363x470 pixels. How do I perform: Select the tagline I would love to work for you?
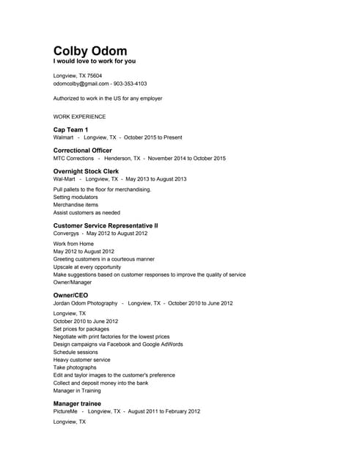(95, 61)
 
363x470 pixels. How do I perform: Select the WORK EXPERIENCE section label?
(79, 116)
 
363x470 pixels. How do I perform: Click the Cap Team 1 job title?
(71, 129)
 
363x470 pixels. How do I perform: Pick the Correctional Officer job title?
(83, 150)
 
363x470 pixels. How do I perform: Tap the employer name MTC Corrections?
(73, 158)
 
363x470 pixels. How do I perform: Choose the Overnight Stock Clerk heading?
(86, 171)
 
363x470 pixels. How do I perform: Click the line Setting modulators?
(76, 198)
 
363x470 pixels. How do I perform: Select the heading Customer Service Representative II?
(106, 225)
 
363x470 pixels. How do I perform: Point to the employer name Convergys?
(67, 234)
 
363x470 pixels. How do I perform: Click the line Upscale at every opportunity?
(87, 267)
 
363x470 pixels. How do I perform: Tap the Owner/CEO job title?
(70, 294)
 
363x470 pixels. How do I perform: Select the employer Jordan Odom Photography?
(85, 303)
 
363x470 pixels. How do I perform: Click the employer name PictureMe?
(65, 411)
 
